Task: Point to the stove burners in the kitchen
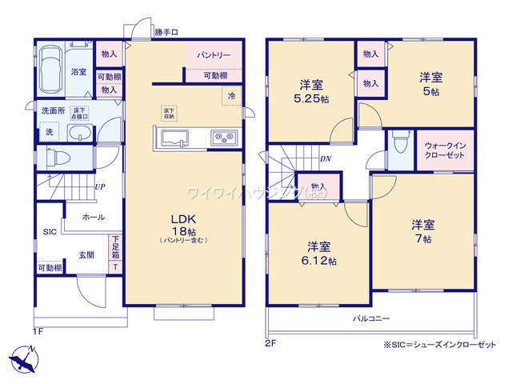222,139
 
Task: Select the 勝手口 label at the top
166,32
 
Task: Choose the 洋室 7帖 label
422,231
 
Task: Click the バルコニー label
372,318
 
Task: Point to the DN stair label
326,158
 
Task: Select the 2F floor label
270,344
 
